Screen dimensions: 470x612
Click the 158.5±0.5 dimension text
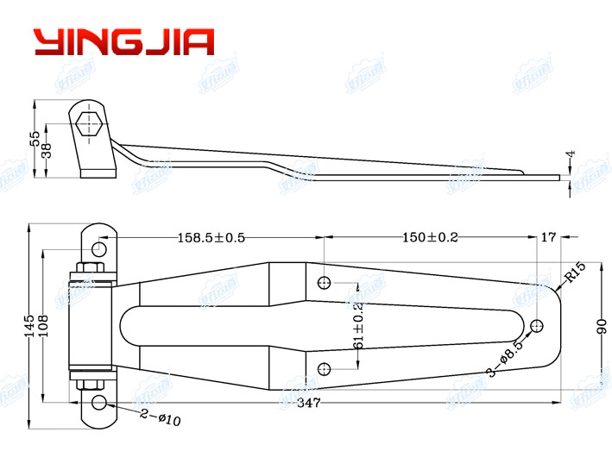click(211, 237)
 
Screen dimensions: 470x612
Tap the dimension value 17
click(546, 237)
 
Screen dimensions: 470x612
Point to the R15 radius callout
click(575, 276)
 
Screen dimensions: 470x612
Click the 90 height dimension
click(602, 325)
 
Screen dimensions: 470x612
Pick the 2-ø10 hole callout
click(161, 418)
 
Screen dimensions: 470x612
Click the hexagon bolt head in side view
click(91, 124)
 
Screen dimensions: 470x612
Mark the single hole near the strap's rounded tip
click(536, 325)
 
